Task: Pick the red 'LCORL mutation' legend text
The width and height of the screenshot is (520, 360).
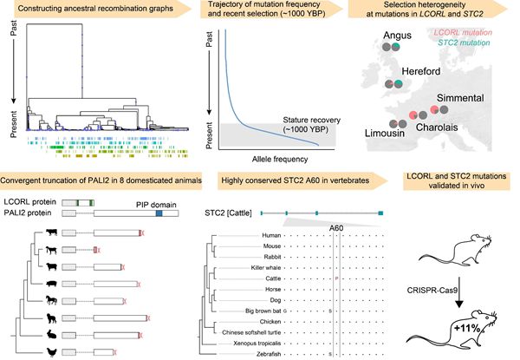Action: (x=470, y=31)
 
